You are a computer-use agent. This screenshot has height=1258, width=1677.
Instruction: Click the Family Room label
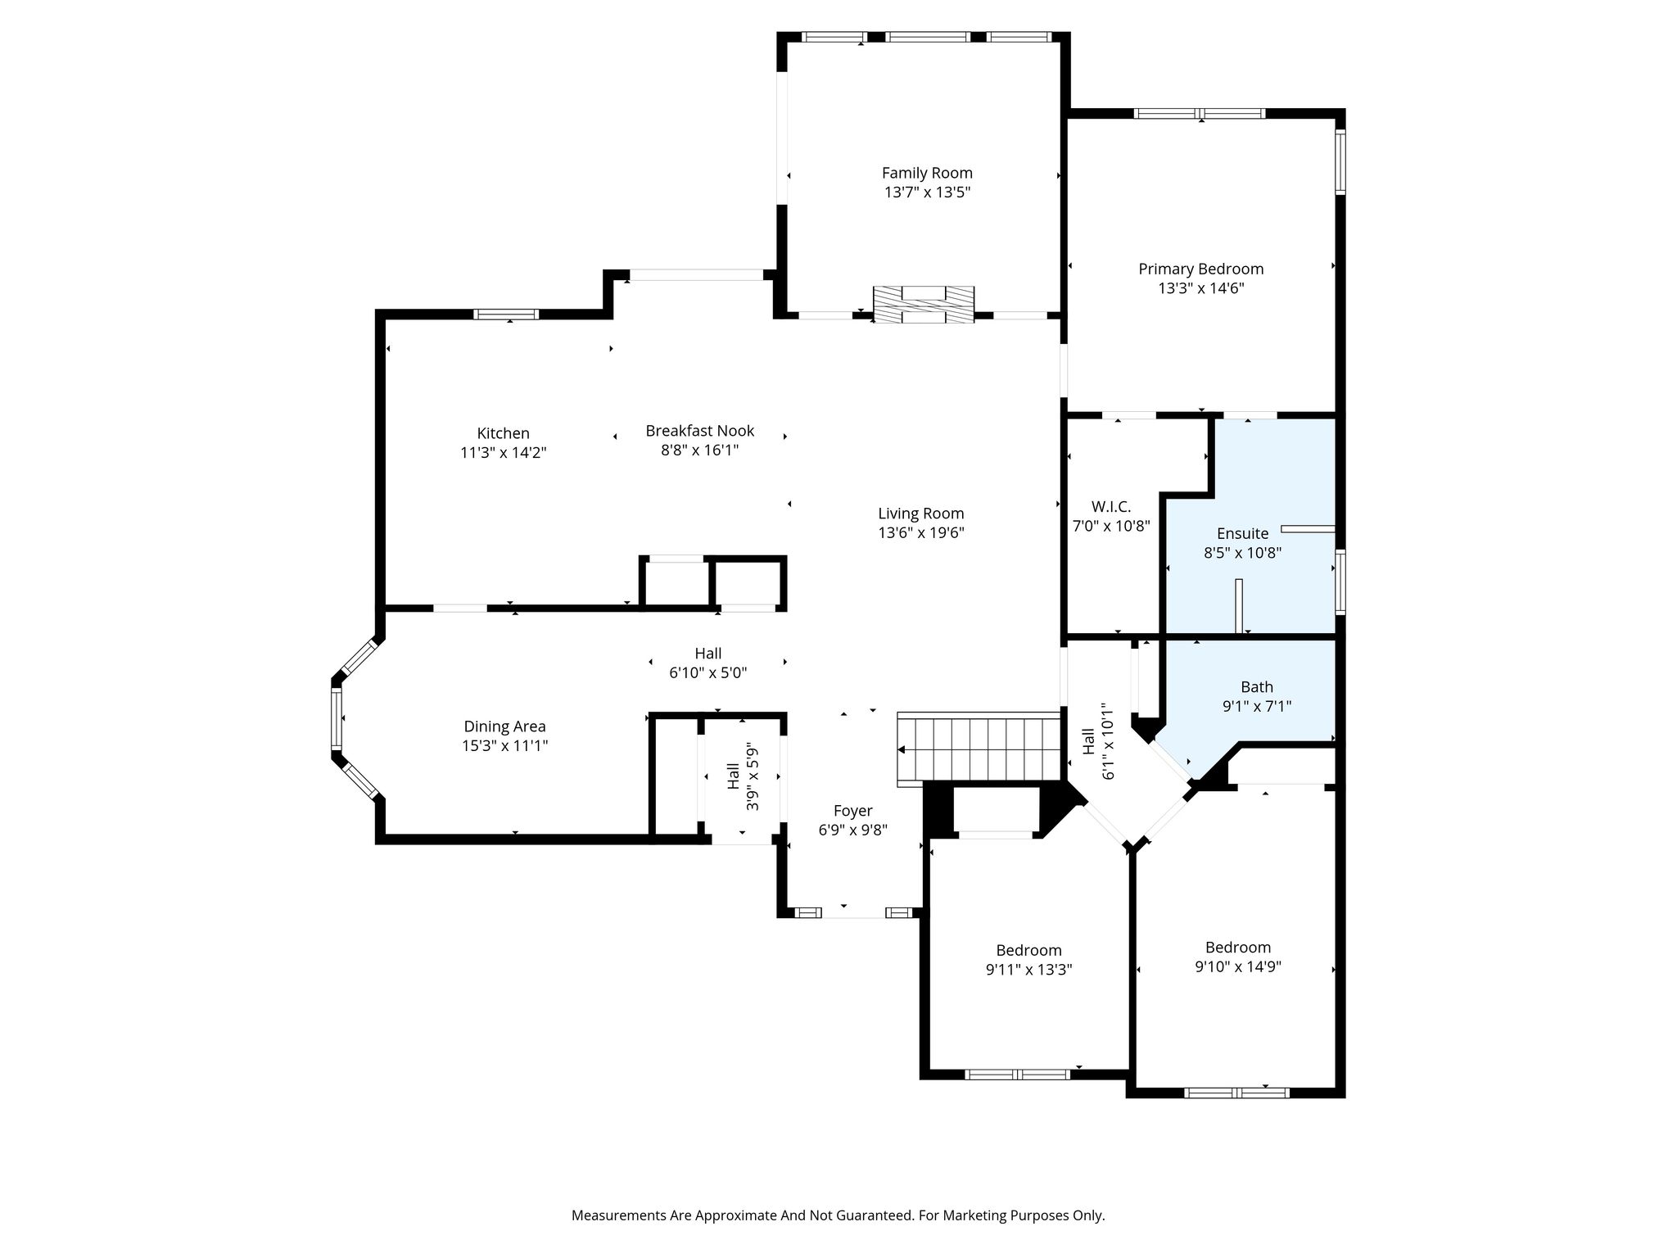[x=927, y=173]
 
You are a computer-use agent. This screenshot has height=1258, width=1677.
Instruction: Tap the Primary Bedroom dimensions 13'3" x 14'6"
[x=1201, y=288]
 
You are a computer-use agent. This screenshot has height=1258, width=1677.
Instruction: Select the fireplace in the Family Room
[x=924, y=305]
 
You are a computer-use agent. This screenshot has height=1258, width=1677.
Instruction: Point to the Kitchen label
[x=504, y=433]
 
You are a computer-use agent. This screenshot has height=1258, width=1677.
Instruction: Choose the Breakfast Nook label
[x=700, y=431]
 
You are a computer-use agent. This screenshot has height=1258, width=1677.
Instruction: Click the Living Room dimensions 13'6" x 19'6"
[x=921, y=533]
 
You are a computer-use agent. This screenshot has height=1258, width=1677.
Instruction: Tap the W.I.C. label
[x=1111, y=507]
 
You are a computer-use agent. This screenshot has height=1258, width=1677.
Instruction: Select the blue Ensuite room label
[x=1242, y=534]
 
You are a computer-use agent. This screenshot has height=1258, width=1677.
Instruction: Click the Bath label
[x=1257, y=687]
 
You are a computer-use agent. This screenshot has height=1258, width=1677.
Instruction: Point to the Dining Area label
[x=504, y=726]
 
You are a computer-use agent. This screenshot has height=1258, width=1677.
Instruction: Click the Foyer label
[x=853, y=811]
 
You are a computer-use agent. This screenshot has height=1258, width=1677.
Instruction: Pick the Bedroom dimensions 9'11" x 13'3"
[x=1029, y=970]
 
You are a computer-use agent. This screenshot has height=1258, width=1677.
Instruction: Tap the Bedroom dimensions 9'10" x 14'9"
[x=1238, y=966]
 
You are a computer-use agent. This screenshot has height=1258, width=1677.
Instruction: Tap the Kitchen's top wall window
[x=506, y=314]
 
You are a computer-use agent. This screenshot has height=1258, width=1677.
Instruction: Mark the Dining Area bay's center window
[x=336, y=718]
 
